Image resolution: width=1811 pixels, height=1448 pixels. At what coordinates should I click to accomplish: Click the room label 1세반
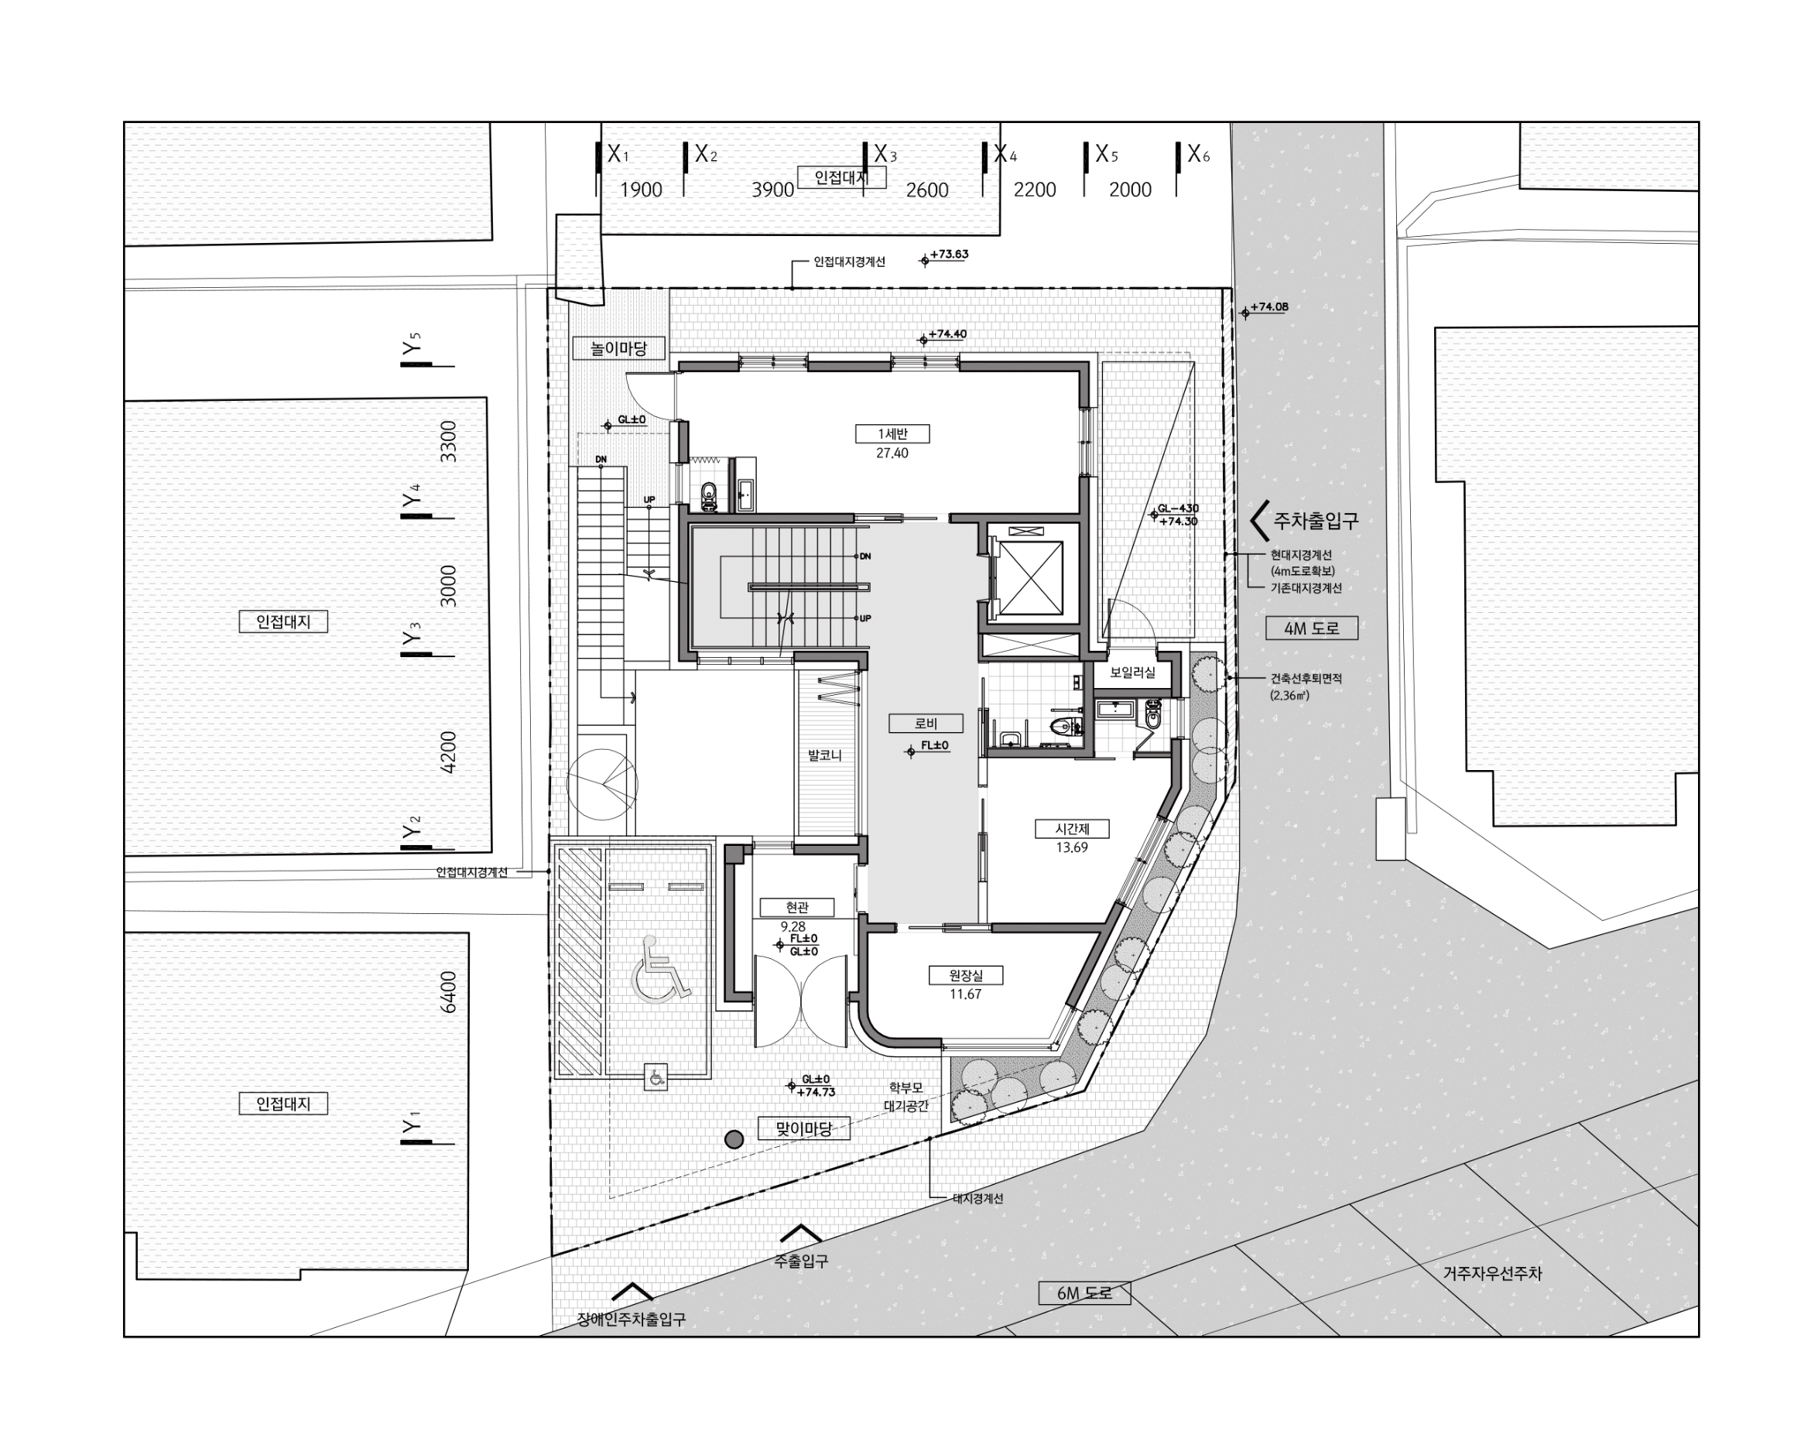click(x=892, y=433)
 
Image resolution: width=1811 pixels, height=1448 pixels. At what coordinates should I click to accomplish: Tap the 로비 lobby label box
click(x=926, y=723)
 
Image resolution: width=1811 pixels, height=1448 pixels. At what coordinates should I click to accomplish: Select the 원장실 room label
click(x=965, y=975)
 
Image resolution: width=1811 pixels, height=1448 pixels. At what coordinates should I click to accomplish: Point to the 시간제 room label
click(x=1072, y=828)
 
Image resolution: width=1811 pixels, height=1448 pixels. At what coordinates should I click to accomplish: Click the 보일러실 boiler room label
click(x=1132, y=673)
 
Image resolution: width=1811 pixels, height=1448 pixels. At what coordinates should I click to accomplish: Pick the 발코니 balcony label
click(x=824, y=755)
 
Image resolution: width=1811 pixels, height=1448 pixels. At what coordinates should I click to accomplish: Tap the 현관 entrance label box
click(x=797, y=907)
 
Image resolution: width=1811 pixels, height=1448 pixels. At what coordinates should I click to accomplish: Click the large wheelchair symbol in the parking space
click(x=660, y=969)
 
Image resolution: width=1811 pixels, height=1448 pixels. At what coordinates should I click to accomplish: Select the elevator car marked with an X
click(x=1032, y=579)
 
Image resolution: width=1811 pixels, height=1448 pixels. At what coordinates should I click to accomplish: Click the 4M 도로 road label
click(x=1311, y=628)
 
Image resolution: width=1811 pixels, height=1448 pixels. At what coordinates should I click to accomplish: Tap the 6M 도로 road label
click(x=1084, y=1292)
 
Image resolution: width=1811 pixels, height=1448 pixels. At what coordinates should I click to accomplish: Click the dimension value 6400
click(x=449, y=992)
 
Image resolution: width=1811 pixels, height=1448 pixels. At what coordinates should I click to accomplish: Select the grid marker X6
click(x=1198, y=154)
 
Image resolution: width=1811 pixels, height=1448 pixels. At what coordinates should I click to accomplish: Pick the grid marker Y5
click(x=412, y=345)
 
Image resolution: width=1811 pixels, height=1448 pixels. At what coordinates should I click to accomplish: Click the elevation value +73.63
click(x=948, y=255)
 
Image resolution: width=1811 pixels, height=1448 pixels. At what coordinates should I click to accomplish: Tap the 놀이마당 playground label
click(x=619, y=347)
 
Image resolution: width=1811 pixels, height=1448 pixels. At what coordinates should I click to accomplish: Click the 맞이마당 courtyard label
click(x=804, y=1128)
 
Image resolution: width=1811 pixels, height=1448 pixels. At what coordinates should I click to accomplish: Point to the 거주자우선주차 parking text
click(x=1493, y=1272)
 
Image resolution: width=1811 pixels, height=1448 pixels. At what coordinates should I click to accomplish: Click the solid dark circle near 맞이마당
click(x=734, y=1139)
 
